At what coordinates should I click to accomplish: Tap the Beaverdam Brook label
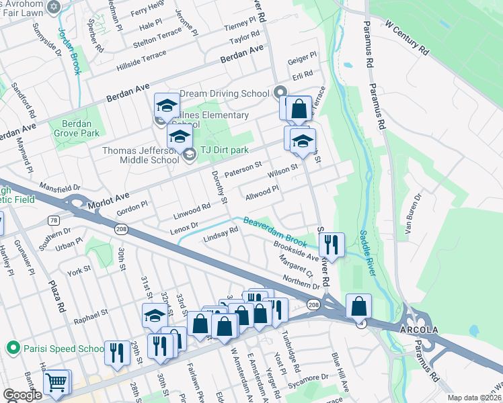tap(275, 230)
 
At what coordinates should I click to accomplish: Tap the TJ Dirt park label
tap(225, 150)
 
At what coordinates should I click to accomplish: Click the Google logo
tap(22, 395)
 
